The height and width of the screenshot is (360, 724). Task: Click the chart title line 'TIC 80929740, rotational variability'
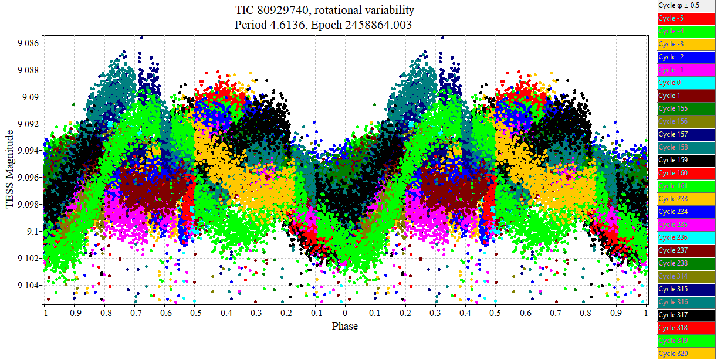click(x=324, y=11)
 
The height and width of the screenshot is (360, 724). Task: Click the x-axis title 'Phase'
click(x=344, y=326)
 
